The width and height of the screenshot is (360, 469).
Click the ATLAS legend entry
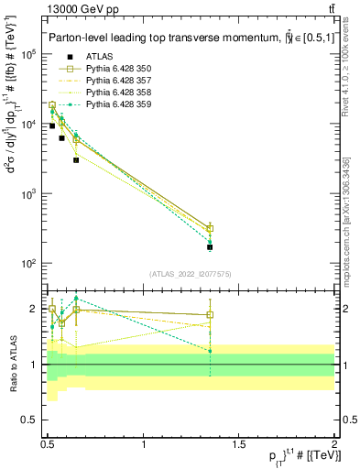pyautogui.click(x=98, y=56)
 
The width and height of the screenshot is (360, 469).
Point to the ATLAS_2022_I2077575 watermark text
pyautogui.click(x=191, y=273)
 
